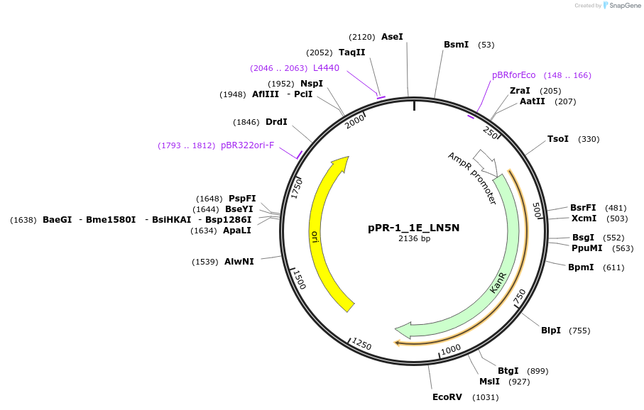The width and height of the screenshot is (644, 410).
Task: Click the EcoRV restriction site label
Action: [447, 397]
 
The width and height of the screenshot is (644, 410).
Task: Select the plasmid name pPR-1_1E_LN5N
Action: [414, 228]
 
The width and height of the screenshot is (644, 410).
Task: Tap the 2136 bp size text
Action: [414, 239]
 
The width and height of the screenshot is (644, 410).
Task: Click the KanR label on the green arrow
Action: [498, 282]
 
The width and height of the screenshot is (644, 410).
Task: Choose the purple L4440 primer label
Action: [326, 68]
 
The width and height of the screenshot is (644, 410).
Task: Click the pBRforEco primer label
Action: [513, 75]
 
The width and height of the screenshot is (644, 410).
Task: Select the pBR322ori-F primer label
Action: [247, 145]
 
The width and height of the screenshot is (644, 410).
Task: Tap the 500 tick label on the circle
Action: [537, 211]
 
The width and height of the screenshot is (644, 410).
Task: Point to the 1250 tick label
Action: [361, 345]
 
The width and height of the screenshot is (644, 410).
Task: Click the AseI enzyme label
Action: [392, 37]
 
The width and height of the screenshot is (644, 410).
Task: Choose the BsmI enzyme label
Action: [456, 45]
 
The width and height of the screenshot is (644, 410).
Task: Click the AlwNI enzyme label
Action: [239, 262]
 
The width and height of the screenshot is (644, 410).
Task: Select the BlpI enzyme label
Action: [551, 331]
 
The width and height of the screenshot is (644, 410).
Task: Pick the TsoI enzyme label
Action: [558, 139]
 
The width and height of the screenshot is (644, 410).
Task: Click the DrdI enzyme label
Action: [276, 122]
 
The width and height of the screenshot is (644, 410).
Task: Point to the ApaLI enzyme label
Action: [237, 231]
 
